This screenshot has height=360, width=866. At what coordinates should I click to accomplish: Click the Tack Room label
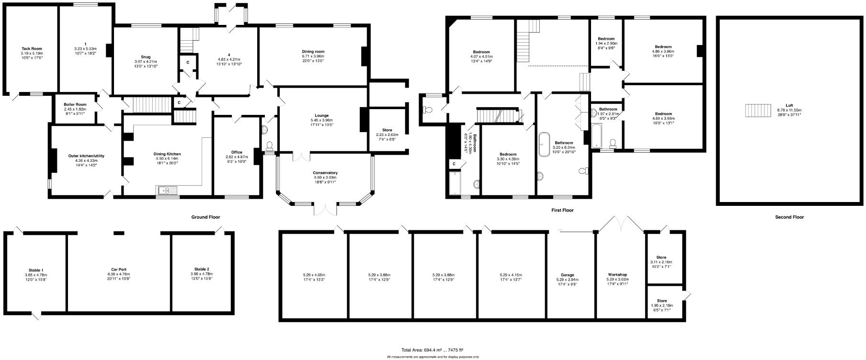click(32, 48)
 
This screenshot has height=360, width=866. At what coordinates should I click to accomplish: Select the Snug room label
click(146, 56)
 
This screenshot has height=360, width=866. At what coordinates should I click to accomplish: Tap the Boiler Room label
click(75, 104)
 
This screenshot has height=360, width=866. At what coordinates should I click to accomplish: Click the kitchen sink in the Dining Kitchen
click(167, 191)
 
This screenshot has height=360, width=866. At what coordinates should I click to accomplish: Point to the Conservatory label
click(325, 173)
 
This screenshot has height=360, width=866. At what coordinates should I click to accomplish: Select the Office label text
click(237, 152)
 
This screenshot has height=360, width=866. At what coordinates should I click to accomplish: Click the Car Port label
click(119, 270)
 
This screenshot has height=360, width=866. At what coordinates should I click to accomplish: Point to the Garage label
click(567, 275)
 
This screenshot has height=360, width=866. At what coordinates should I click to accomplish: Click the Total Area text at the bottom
click(433, 349)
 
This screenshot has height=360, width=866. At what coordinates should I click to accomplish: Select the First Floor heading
click(562, 210)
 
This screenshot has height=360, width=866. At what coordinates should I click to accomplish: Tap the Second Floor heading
click(789, 217)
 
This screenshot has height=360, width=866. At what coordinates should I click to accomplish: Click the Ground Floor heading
click(205, 217)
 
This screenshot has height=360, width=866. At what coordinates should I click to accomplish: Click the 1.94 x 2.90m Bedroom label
click(606, 39)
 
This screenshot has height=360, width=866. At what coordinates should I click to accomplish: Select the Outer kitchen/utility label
click(86, 156)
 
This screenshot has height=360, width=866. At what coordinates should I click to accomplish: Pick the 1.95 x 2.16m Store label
click(661, 301)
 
